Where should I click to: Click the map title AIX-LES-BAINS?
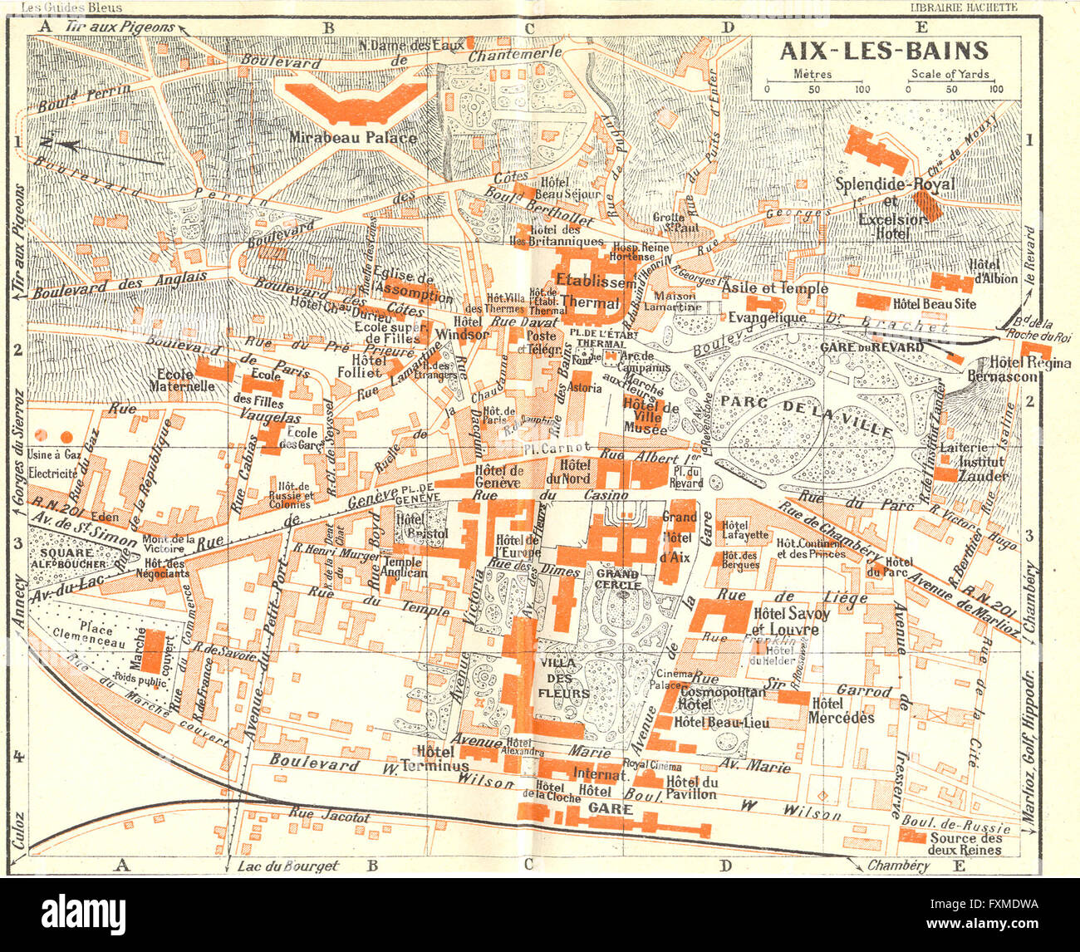884,52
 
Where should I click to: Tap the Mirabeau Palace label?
353,138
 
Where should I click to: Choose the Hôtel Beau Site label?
934,304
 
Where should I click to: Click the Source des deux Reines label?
965,844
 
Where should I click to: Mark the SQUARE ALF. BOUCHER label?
70,558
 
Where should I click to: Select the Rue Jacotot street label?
329,817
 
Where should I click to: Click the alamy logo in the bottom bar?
84,915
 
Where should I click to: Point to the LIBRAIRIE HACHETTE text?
964,7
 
